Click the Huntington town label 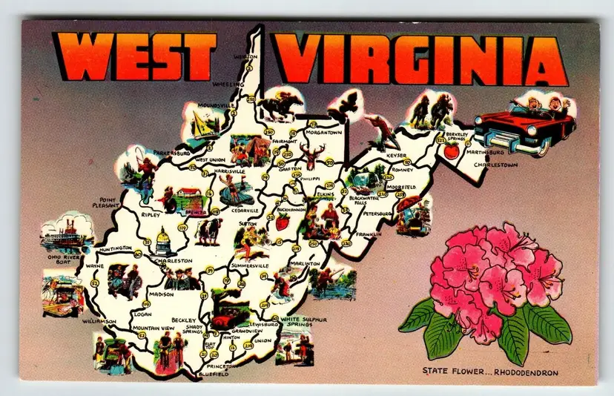[x=113, y=248]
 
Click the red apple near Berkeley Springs [x=451, y=151]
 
